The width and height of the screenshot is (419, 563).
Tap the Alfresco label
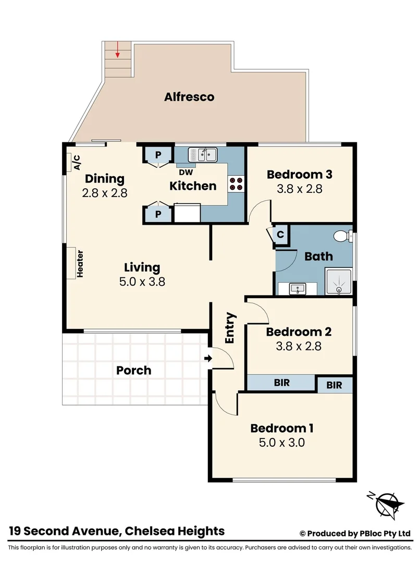[x=189, y=97]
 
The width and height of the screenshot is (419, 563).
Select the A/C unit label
[x=77, y=163]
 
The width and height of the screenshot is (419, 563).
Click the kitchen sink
[x=202, y=155]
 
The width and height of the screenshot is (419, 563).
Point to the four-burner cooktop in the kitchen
[x=236, y=183]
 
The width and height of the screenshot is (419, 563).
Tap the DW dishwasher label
[x=186, y=172]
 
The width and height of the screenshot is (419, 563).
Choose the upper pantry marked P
[x=157, y=155]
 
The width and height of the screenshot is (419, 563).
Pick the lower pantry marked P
[x=157, y=214]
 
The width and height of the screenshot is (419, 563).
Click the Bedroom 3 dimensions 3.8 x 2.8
[x=299, y=189]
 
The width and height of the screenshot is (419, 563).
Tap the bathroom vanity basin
[x=297, y=288]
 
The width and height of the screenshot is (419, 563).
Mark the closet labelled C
[x=280, y=235]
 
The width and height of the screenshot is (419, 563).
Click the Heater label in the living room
[x=80, y=264]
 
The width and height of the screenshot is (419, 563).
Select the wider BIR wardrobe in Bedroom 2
[x=282, y=383]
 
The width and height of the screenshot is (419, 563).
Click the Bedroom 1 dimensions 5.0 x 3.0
[x=281, y=443]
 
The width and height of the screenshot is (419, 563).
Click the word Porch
[x=133, y=371]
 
